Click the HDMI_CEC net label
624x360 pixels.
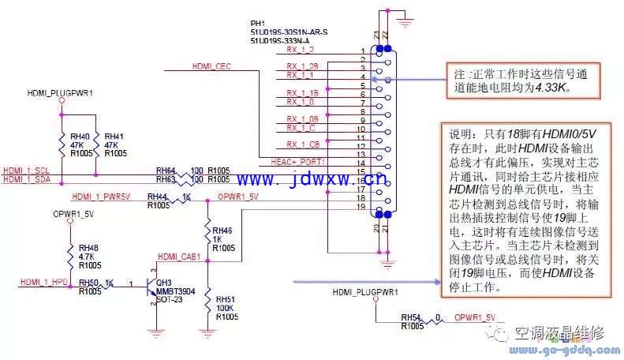coord(211,66)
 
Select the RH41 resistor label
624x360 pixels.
coord(114,137)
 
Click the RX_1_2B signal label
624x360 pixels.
coord(302,66)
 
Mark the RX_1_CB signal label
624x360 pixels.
coord(302,144)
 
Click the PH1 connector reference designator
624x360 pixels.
coord(258,23)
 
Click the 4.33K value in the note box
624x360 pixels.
coord(555,89)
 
